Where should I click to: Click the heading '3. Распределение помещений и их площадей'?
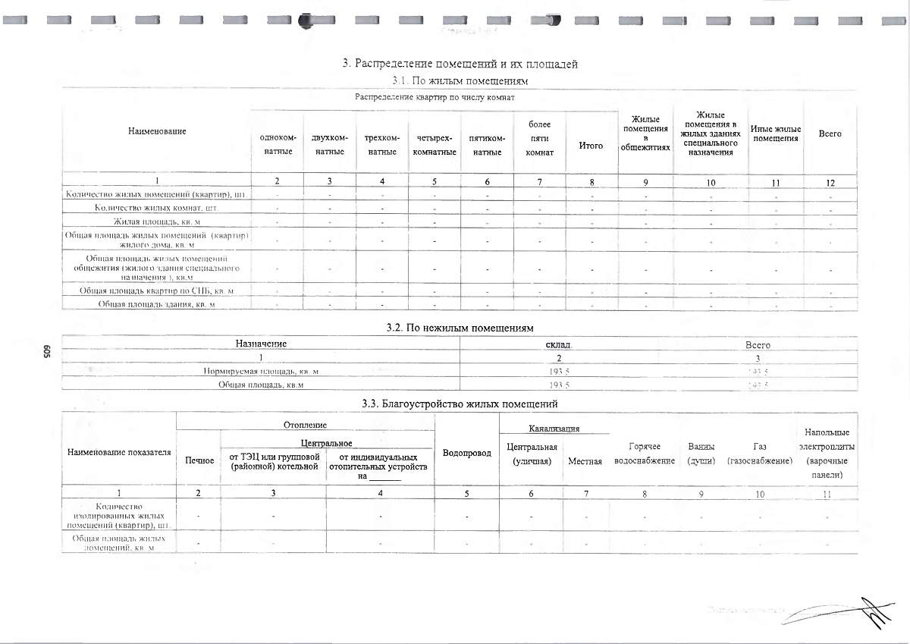tap(460, 64)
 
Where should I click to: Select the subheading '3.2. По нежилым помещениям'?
tap(460, 328)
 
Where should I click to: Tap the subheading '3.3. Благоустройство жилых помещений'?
tap(460, 403)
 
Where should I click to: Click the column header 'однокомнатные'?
tap(277, 144)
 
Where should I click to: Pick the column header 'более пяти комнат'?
tap(539, 138)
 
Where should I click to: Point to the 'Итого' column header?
tap(591, 146)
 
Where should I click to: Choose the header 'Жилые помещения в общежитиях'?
tap(645, 134)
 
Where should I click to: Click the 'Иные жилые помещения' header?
tap(776, 134)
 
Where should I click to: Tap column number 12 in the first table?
tap(830, 181)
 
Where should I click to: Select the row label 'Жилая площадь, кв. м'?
tap(157, 221)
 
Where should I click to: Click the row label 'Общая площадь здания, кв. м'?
tap(157, 304)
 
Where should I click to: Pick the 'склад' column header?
tap(559, 344)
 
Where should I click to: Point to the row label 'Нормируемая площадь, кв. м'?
tap(261, 372)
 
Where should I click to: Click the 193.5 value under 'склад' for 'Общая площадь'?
tap(559, 385)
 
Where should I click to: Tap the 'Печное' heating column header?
tap(199, 460)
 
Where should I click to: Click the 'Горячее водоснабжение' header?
tap(645, 454)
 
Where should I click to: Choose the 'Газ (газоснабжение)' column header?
tap(760, 454)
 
